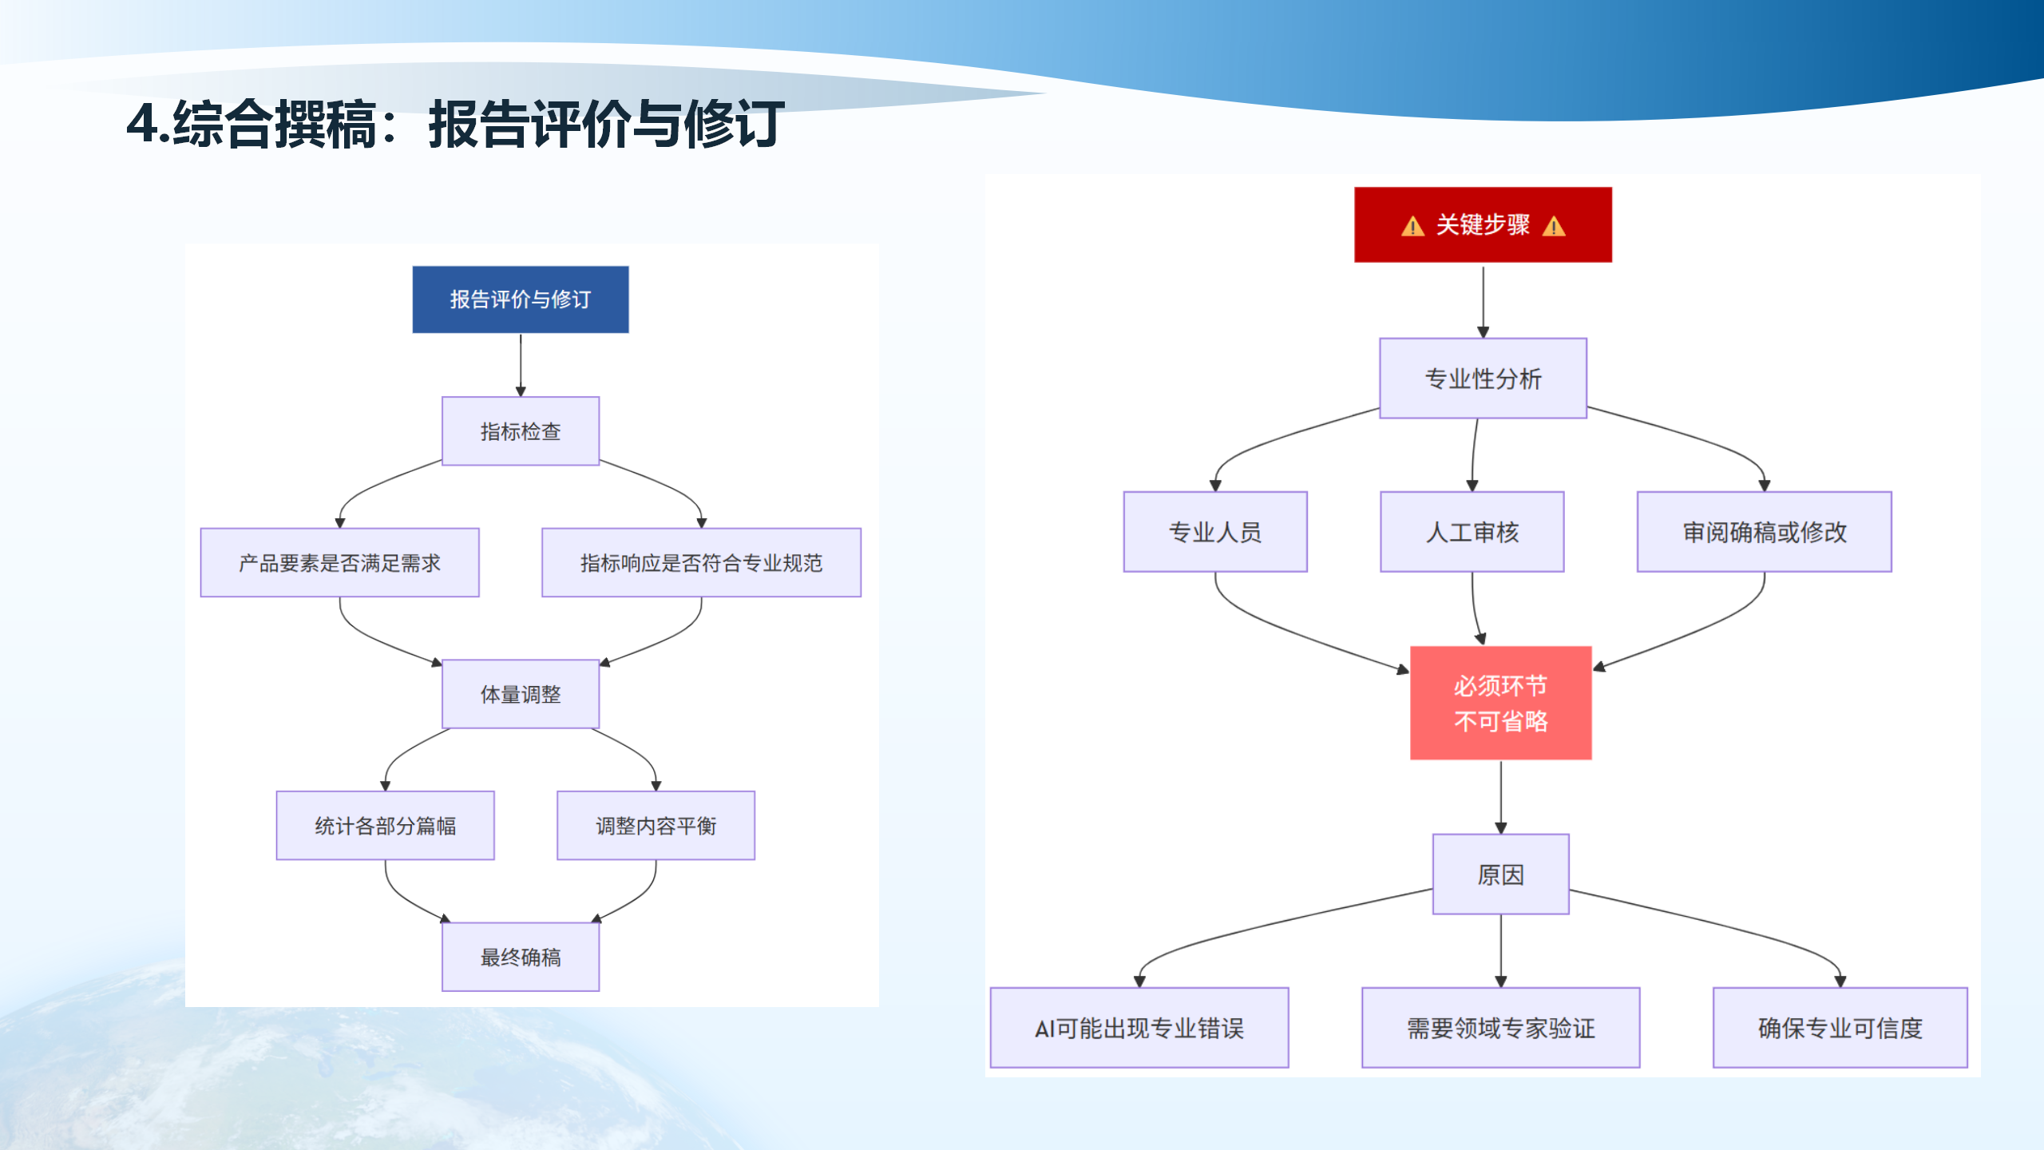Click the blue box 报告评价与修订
[x=520, y=299]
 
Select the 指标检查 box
[x=520, y=431]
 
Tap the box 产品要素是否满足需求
[x=339, y=562]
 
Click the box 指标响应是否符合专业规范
[x=701, y=562]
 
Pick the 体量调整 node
[x=520, y=694]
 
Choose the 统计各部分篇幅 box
[x=385, y=825]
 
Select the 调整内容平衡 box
[x=656, y=825]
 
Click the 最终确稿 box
[x=520, y=957]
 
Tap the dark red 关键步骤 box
[x=1483, y=224]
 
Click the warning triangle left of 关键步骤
[x=1412, y=227]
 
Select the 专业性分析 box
[x=1483, y=378]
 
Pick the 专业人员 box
[x=1214, y=531]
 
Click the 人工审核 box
[x=1472, y=531]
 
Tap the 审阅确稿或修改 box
[x=1764, y=531]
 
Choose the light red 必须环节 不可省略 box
[x=1500, y=703]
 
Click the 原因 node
[x=1500, y=874]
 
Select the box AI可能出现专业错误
[x=1139, y=1028]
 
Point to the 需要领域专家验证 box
[x=1500, y=1028]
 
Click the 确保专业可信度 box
[x=1840, y=1028]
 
